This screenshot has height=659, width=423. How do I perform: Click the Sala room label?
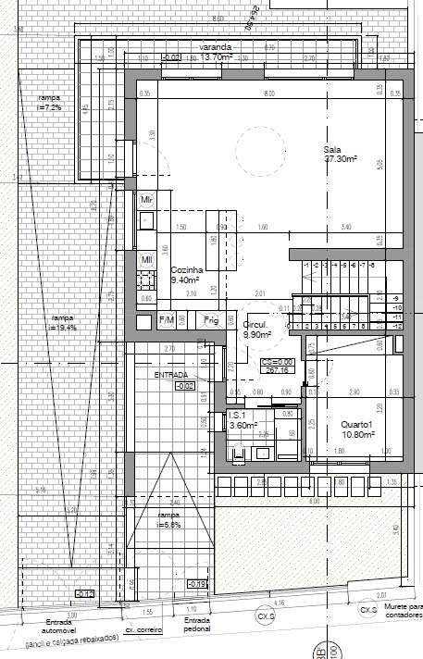click(x=333, y=150)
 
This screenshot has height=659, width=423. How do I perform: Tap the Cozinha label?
click(x=186, y=268)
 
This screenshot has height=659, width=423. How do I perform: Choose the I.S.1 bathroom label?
click(x=239, y=416)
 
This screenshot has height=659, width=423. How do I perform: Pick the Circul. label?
click(x=255, y=326)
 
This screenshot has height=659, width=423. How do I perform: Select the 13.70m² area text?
click(x=216, y=56)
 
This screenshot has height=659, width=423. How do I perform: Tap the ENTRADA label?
click(x=176, y=375)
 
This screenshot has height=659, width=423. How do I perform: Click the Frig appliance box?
click(x=211, y=320)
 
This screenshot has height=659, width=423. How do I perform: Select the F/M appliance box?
click(x=168, y=320)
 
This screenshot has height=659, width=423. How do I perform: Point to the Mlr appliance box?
click(x=146, y=200)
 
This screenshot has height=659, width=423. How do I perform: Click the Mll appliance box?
click(x=146, y=260)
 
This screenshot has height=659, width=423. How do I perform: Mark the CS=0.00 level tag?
click(x=278, y=362)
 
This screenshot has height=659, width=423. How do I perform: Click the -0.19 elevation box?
click(x=196, y=584)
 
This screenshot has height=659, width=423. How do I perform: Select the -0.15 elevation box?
click(x=84, y=593)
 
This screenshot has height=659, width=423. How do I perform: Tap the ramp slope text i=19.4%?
click(x=63, y=326)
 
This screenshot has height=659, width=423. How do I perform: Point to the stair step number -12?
click(x=396, y=327)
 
